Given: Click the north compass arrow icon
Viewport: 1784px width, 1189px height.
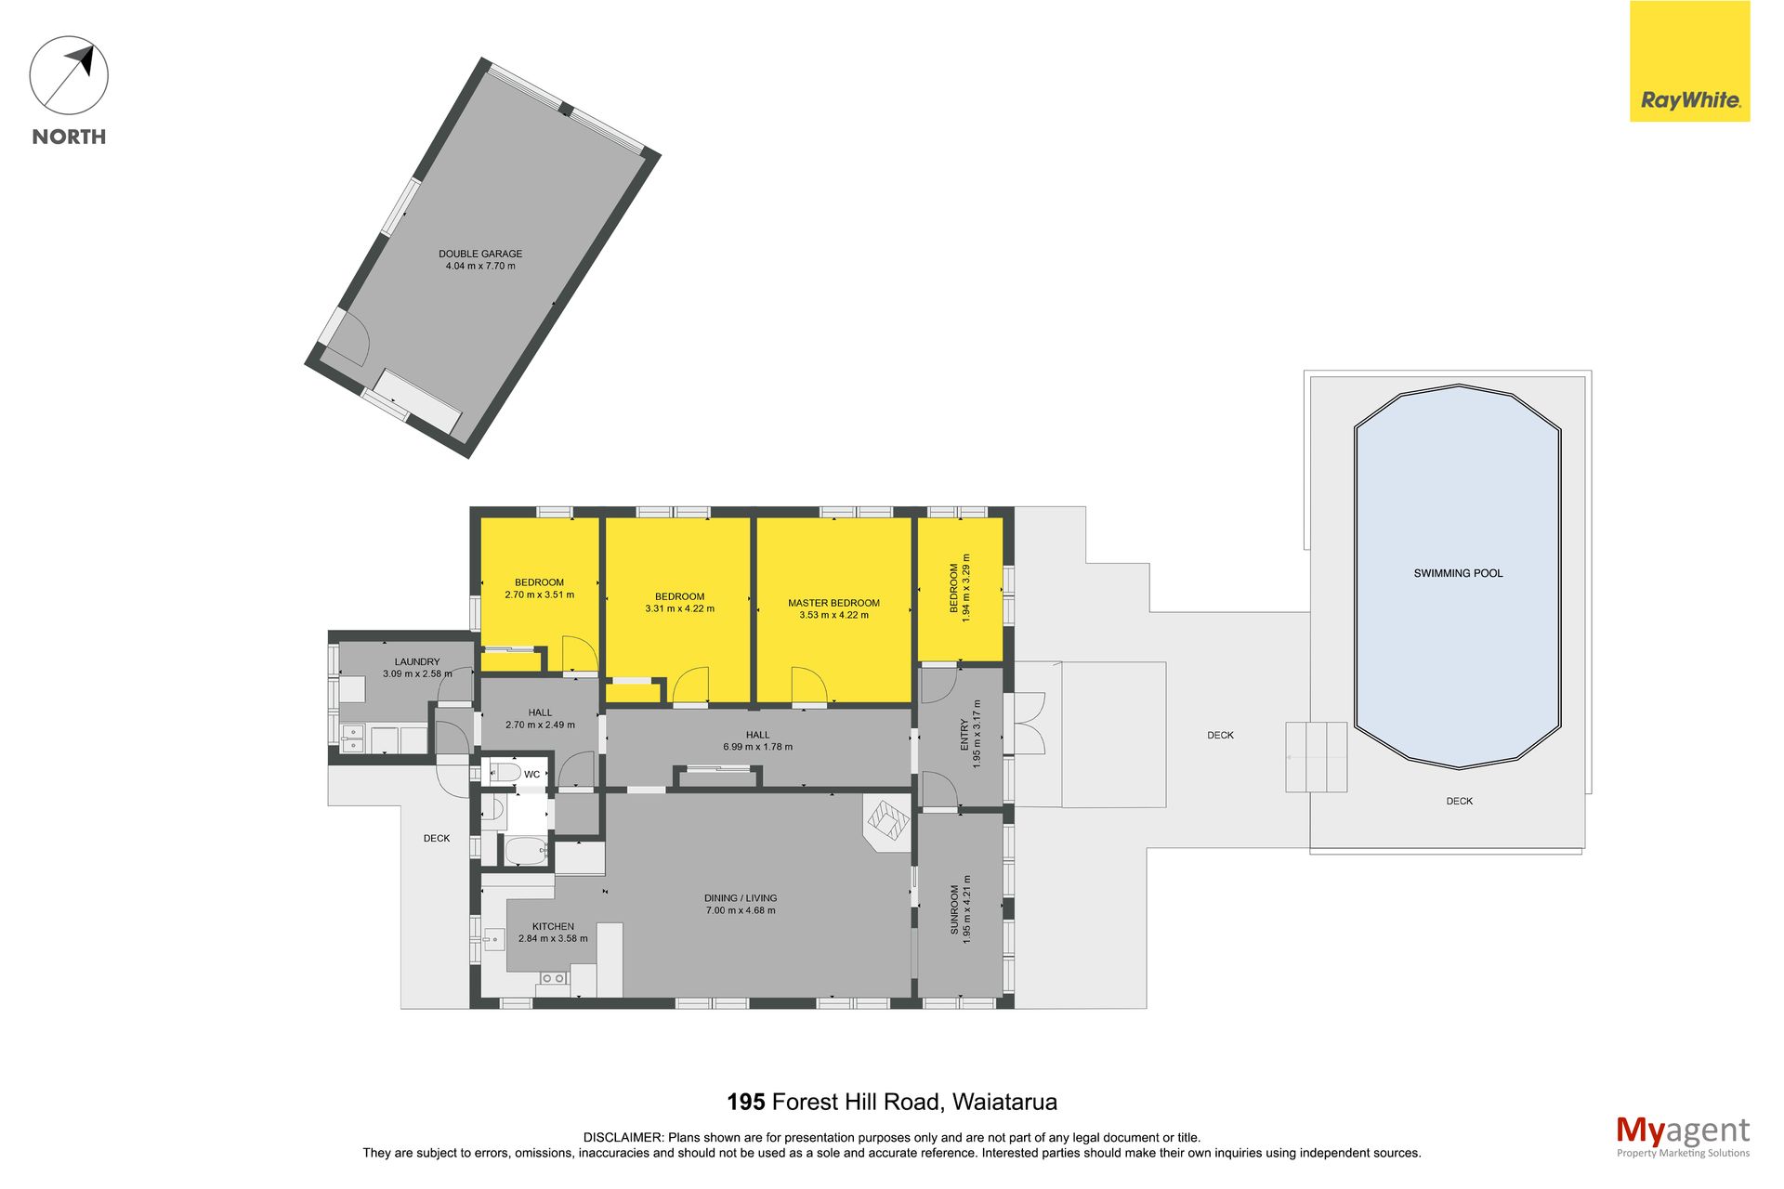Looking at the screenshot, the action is pyautogui.click(x=69, y=75).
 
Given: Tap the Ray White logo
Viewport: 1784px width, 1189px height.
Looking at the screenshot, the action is pyautogui.click(x=1689, y=61).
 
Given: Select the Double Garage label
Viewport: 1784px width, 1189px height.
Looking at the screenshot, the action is pyautogui.click(x=480, y=254).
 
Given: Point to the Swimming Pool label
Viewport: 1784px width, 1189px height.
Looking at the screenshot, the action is pyautogui.click(x=1458, y=573).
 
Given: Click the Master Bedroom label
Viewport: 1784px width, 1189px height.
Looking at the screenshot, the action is pyautogui.click(x=833, y=603).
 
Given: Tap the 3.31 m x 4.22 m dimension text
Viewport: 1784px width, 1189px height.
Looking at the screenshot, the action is pyautogui.click(x=680, y=609).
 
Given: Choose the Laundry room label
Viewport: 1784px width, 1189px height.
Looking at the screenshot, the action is pyautogui.click(x=417, y=661).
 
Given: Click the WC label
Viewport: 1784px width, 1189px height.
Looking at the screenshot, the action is pyautogui.click(x=531, y=774).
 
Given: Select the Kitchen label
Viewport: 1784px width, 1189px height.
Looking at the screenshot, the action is pyautogui.click(x=553, y=926).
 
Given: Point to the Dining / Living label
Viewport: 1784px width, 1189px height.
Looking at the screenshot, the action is pyautogui.click(x=741, y=898).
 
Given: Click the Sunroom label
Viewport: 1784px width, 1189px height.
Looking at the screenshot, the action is pyautogui.click(x=954, y=909).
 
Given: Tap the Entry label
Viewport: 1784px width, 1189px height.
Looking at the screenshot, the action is pyautogui.click(x=964, y=734).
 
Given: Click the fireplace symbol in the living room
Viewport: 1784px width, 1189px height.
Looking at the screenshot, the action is pyautogui.click(x=886, y=821).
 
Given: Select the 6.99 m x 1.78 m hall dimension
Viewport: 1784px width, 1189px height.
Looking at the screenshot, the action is pyautogui.click(x=758, y=747).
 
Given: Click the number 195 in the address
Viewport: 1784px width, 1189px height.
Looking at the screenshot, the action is pyautogui.click(x=745, y=1102).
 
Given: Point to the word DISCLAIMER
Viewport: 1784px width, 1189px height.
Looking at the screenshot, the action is pyautogui.click(x=623, y=1137).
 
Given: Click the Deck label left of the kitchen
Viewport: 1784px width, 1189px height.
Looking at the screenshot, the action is pyautogui.click(x=437, y=838).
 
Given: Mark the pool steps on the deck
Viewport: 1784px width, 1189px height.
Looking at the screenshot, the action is pyautogui.click(x=1317, y=757).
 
